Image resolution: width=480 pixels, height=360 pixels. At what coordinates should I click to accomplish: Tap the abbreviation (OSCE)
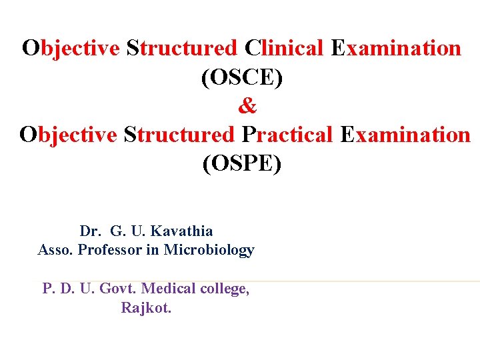[x=241, y=77]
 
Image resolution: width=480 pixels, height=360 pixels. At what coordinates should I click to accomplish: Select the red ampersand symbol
[x=246, y=106]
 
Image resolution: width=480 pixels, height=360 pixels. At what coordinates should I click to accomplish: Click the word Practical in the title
[x=287, y=135]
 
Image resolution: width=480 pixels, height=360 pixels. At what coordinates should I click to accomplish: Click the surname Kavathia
[x=182, y=231]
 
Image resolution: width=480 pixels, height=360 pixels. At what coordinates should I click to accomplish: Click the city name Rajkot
[x=146, y=308]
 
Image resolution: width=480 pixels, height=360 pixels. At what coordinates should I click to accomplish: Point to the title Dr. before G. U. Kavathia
[x=91, y=231]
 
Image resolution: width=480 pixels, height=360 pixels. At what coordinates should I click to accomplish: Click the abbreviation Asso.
[x=55, y=250]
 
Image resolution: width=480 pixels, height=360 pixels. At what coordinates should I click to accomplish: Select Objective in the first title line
[x=71, y=49]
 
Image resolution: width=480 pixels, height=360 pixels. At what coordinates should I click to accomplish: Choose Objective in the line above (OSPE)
[x=69, y=135]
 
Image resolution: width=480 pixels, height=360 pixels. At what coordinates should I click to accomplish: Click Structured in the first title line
[x=181, y=49]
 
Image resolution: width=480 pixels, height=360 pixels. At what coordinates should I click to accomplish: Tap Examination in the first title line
[x=395, y=49]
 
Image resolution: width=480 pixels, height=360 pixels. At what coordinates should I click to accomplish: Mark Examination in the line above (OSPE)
[x=405, y=135]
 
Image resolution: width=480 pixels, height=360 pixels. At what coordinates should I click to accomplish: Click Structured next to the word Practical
[x=179, y=135]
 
